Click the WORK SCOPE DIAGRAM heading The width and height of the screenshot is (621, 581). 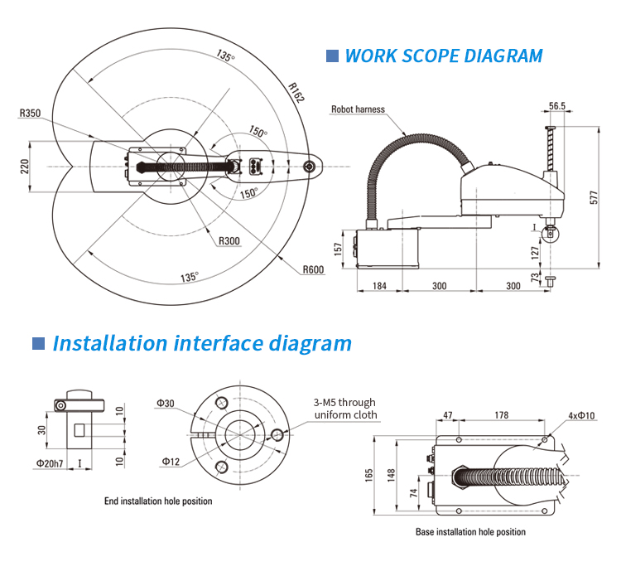(443, 56)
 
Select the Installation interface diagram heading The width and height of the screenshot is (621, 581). (202, 343)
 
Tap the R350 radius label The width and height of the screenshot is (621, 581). (31, 113)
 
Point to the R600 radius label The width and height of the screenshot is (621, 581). (313, 269)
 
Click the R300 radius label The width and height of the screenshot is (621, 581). (229, 241)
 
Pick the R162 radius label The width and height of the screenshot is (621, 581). (296, 93)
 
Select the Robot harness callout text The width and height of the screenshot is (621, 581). (359, 109)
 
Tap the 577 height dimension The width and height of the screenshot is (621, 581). (594, 197)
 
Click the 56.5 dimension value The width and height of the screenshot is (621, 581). (557, 106)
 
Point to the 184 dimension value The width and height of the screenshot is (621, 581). (380, 286)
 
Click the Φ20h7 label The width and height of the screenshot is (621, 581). (50, 462)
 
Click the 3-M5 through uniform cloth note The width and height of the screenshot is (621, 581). (345, 409)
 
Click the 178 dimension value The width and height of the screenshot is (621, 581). (502, 415)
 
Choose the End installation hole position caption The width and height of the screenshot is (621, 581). (158, 501)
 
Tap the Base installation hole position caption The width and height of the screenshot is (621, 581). (470, 532)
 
